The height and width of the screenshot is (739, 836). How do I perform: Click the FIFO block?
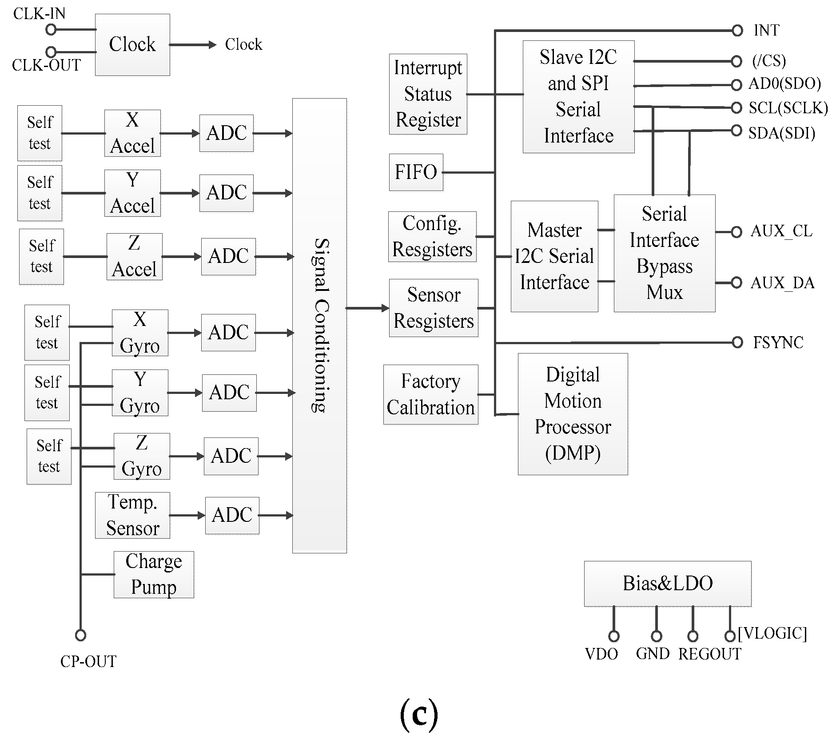point(416,172)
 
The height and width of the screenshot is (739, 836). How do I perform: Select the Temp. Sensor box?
point(132,515)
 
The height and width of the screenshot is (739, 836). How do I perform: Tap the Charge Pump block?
point(154,574)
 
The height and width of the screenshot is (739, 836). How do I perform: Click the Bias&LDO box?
point(667,584)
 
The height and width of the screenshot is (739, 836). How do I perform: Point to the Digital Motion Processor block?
point(573,414)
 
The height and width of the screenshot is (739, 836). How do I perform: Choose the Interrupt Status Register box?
point(428,94)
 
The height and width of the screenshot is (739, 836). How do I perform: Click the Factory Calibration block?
point(430,394)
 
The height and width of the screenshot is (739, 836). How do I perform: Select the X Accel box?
point(132,133)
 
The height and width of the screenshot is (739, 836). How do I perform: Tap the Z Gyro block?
point(142,456)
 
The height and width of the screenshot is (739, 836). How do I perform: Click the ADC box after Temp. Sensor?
point(232,515)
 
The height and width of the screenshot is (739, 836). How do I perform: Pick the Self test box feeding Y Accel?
point(40,193)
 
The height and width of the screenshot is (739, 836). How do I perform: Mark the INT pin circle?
point(737,31)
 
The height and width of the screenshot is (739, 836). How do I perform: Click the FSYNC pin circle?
point(737,342)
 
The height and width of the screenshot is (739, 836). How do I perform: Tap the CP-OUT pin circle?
point(80,635)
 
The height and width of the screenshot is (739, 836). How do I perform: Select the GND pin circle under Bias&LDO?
point(656,636)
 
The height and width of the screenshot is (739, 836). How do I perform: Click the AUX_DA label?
point(782,283)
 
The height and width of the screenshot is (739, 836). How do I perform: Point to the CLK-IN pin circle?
point(51,30)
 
